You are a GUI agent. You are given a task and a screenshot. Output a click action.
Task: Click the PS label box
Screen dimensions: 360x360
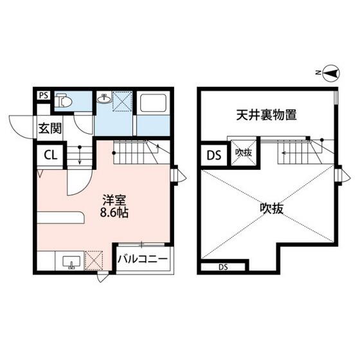(44, 95)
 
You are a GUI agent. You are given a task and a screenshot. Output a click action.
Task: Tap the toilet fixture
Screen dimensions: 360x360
(64, 100)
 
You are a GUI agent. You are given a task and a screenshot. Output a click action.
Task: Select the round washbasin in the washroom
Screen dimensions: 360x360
(104, 99)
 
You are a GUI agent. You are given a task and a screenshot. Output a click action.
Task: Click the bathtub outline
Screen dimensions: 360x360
(154, 103)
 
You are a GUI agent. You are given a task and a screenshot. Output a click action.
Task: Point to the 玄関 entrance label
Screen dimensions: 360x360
(50, 128)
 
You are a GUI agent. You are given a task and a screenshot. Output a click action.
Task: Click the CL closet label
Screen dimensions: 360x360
(51, 156)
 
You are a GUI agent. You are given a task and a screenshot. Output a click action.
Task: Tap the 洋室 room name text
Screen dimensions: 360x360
(114, 201)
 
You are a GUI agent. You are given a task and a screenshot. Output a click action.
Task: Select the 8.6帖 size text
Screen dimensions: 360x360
(114, 212)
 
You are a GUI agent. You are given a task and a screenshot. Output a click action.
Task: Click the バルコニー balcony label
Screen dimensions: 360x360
(143, 259)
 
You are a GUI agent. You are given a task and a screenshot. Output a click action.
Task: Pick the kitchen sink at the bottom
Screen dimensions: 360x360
(71, 263)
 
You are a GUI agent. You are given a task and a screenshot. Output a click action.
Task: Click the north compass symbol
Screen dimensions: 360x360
(331, 73)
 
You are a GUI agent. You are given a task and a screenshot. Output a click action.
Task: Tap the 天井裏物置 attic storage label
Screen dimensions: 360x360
(267, 115)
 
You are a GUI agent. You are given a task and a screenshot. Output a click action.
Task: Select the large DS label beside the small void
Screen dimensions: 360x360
(214, 156)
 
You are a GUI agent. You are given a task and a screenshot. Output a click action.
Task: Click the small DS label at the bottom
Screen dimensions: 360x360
(223, 267)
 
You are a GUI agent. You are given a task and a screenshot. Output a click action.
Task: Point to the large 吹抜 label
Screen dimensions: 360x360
(271, 209)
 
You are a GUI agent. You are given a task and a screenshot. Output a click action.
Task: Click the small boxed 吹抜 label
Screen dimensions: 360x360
(244, 153)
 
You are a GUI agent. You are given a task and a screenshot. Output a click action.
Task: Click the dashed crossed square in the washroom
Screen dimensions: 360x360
(122, 102)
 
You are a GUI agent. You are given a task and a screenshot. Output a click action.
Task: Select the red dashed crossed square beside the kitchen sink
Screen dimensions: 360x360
(94, 260)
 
